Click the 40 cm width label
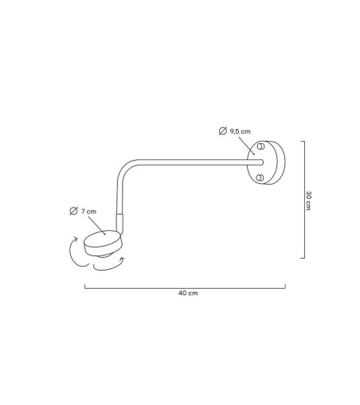point(188,293)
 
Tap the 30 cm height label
point(308,201)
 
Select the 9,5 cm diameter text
point(240,131)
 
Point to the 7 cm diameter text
point(88,212)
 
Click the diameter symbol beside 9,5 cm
point(223,131)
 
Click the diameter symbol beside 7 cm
point(73,211)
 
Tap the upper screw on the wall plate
point(260,146)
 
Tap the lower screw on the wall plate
point(260,177)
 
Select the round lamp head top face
point(102,239)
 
